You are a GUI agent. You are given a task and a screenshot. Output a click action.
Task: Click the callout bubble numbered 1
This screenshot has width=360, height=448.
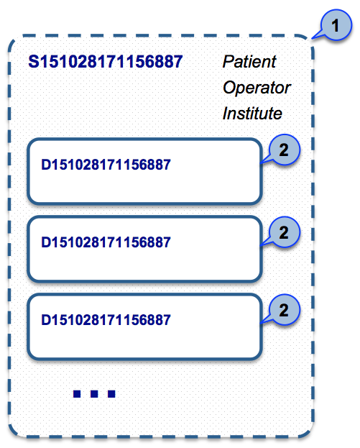336,25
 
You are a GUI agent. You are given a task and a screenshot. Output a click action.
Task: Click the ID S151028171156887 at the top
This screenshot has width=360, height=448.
106,61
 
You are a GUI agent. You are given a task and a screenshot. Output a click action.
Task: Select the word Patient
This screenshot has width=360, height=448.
249,61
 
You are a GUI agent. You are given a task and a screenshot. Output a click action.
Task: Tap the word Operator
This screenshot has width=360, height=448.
257,88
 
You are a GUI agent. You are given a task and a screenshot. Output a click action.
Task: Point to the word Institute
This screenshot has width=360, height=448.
252,113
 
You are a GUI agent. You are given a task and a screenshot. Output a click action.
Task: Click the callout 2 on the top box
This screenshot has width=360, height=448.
284,150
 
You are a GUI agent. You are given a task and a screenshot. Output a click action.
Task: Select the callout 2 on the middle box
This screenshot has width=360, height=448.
284,232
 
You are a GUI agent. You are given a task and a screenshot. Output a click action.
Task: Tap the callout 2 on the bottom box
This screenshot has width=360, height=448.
284,310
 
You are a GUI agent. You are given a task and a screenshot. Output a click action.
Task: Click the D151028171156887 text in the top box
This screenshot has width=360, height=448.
106,165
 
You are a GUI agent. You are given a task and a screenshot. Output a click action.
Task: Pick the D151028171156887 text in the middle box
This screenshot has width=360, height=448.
106,242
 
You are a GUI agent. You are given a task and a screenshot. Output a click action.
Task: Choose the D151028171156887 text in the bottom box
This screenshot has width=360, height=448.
106,320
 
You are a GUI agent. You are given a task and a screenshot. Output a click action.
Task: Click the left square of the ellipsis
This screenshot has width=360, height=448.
77,394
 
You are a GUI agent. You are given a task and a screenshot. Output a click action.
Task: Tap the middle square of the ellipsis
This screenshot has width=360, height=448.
94,394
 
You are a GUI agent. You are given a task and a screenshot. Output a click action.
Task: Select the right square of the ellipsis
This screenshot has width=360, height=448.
111,394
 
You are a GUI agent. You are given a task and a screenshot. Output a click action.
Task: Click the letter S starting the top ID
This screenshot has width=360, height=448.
34,61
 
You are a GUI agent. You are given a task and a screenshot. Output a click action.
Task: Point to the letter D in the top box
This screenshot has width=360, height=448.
46,165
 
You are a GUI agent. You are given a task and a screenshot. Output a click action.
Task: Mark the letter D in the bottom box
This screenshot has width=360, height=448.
46,320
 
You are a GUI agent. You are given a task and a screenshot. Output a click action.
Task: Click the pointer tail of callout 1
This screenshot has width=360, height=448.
313,38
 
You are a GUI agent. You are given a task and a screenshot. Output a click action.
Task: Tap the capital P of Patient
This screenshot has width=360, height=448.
228,61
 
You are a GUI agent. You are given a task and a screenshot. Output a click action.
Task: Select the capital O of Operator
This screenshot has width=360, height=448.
230,88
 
